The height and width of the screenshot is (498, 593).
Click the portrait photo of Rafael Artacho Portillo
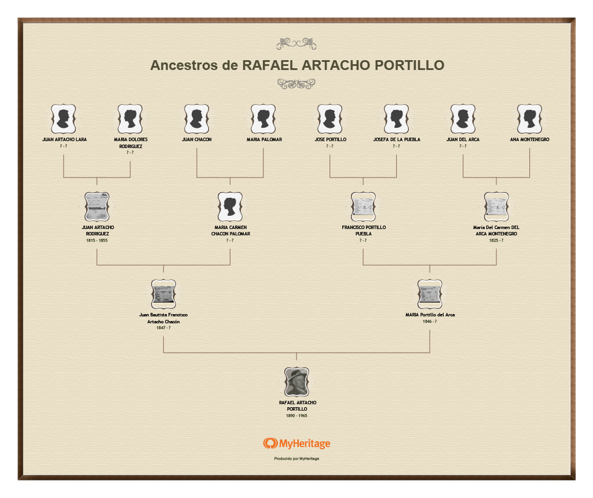[x=296, y=382]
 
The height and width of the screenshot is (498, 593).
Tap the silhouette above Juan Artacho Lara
[x=64, y=119]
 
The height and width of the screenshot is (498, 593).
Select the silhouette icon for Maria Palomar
[x=263, y=119]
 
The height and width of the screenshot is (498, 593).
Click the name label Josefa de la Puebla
[x=397, y=139]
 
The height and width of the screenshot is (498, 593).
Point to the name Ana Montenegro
[x=530, y=139]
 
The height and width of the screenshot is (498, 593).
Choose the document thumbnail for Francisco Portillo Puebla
[x=363, y=206]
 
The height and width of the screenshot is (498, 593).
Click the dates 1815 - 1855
[x=97, y=240]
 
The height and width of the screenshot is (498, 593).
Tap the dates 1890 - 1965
[x=296, y=415]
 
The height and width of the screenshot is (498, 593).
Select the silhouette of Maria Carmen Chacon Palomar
[x=230, y=206]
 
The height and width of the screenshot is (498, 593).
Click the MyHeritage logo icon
[x=270, y=444]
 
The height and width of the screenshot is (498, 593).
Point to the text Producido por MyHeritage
[x=296, y=459]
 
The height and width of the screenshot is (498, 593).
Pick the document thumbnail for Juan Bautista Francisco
[x=163, y=294]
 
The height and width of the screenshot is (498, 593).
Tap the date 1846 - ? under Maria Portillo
[x=430, y=321]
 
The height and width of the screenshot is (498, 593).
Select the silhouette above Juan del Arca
[x=463, y=119]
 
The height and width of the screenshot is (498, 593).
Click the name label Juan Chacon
[x=197, y=139]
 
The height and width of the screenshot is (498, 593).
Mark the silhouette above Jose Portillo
[x=330, y=119]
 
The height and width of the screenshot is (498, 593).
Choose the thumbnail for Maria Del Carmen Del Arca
[x=496, y=206]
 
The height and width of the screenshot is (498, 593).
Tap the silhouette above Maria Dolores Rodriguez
[x=130, y=119]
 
